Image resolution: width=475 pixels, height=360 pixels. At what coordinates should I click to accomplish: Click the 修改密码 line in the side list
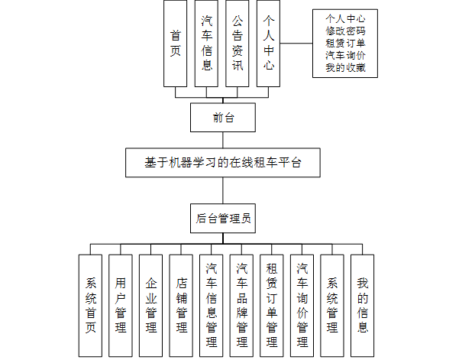point(345,31)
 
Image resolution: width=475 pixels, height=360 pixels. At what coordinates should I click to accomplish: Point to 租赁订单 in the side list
point(345,43)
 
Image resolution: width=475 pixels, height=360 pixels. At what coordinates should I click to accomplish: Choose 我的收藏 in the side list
point(345,68)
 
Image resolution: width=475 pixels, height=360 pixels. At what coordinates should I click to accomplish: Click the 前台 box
point(222,118)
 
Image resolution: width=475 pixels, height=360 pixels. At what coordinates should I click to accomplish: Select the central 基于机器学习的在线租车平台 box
point(222,162)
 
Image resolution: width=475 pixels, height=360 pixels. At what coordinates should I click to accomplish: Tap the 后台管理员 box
point(222,217)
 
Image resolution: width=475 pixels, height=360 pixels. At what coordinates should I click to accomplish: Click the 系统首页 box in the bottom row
point(90,305)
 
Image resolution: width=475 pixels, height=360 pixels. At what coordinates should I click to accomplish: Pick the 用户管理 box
point(121,305)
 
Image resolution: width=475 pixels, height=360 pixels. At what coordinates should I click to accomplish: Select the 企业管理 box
point(150,305)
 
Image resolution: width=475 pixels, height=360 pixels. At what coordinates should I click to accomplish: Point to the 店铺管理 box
point(181,305)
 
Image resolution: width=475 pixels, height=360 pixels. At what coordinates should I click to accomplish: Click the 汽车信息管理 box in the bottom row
point(212,305)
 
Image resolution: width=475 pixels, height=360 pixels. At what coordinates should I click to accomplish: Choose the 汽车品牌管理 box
point(241,305)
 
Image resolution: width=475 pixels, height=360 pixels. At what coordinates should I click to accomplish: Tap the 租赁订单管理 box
point(272,305)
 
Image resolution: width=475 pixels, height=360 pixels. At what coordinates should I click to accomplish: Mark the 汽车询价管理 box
point(302,305)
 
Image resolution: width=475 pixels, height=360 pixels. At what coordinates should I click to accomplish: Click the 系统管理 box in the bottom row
point(332,305)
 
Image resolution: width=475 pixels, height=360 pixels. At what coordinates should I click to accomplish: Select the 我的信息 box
point(363,305)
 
